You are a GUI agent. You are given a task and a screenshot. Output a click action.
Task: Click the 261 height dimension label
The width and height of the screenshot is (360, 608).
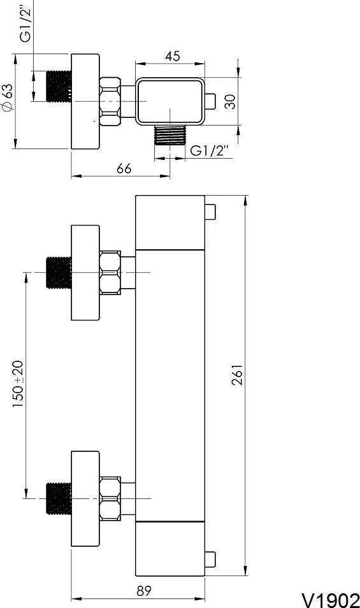click(238, 375)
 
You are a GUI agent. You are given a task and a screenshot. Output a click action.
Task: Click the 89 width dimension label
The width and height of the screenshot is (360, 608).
click(144, 591)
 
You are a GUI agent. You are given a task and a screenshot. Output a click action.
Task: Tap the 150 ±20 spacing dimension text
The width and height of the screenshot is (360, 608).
click(18, 384)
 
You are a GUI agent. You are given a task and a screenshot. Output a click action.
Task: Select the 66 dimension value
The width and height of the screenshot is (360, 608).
click(124, 169)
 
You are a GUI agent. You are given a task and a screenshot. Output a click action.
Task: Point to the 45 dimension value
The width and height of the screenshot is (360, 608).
click(173, 56)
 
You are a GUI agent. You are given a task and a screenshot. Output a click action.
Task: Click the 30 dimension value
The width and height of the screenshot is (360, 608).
click(230, 101)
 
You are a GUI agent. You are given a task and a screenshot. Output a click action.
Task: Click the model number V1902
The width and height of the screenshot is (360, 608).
click(331, 600)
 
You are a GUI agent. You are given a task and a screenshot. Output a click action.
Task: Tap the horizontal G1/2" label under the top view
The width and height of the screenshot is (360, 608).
click(210, 150)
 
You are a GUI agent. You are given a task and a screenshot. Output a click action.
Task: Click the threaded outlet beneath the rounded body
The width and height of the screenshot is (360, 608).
click(170, 135)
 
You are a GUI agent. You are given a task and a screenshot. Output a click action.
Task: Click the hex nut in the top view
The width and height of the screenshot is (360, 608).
click(110, 101)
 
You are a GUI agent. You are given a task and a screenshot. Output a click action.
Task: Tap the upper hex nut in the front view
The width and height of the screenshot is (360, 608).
click(110, 272)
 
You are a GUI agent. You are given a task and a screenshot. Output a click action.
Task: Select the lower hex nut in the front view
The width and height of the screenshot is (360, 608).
click(110, 498)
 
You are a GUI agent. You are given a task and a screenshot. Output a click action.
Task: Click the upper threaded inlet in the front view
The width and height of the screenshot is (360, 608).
click(59, 273)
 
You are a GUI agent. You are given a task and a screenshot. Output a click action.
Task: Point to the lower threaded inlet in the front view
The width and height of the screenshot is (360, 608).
click(59, 498)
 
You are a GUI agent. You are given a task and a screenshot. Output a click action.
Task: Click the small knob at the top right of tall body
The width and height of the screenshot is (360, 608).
click(210, 212)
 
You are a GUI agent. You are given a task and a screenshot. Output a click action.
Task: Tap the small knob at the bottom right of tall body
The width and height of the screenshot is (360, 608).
click(210, 559)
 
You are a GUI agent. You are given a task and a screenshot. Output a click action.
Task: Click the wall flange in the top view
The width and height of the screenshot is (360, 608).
click(85, 101)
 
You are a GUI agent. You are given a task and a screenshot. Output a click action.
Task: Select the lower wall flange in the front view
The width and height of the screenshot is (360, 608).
click(85, 498)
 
